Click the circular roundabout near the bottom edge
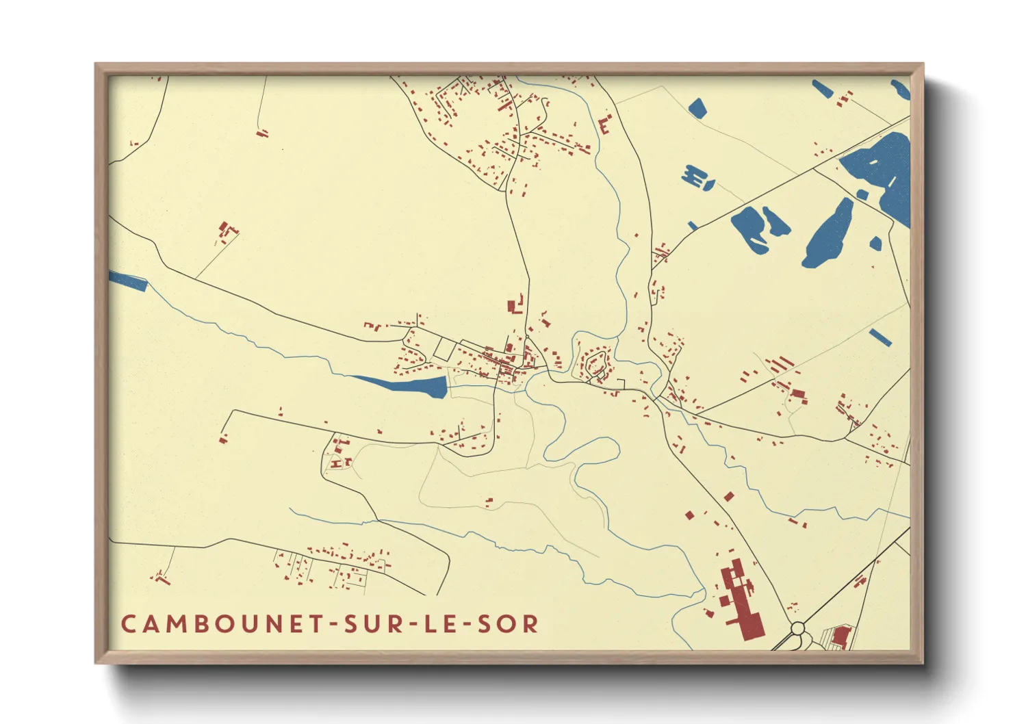click(x=797, y=628)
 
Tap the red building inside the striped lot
click(x=841, y=636)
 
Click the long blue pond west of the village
click(x=407, y=385)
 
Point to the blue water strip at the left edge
click(x=128, y=281)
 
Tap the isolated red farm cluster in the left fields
click(x=225, y=231)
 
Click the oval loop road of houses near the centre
click(x=595, y=363)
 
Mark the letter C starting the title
click(x=128, y=624)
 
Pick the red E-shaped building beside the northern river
click(x=604, y=125)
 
